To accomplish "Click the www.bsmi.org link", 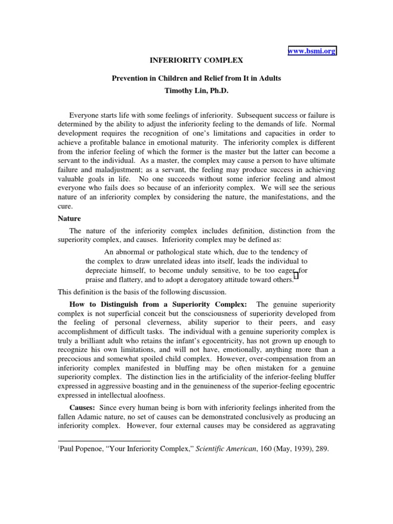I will [312, 51].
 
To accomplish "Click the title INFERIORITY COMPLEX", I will [196, 60].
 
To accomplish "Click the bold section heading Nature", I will [69, 219].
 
